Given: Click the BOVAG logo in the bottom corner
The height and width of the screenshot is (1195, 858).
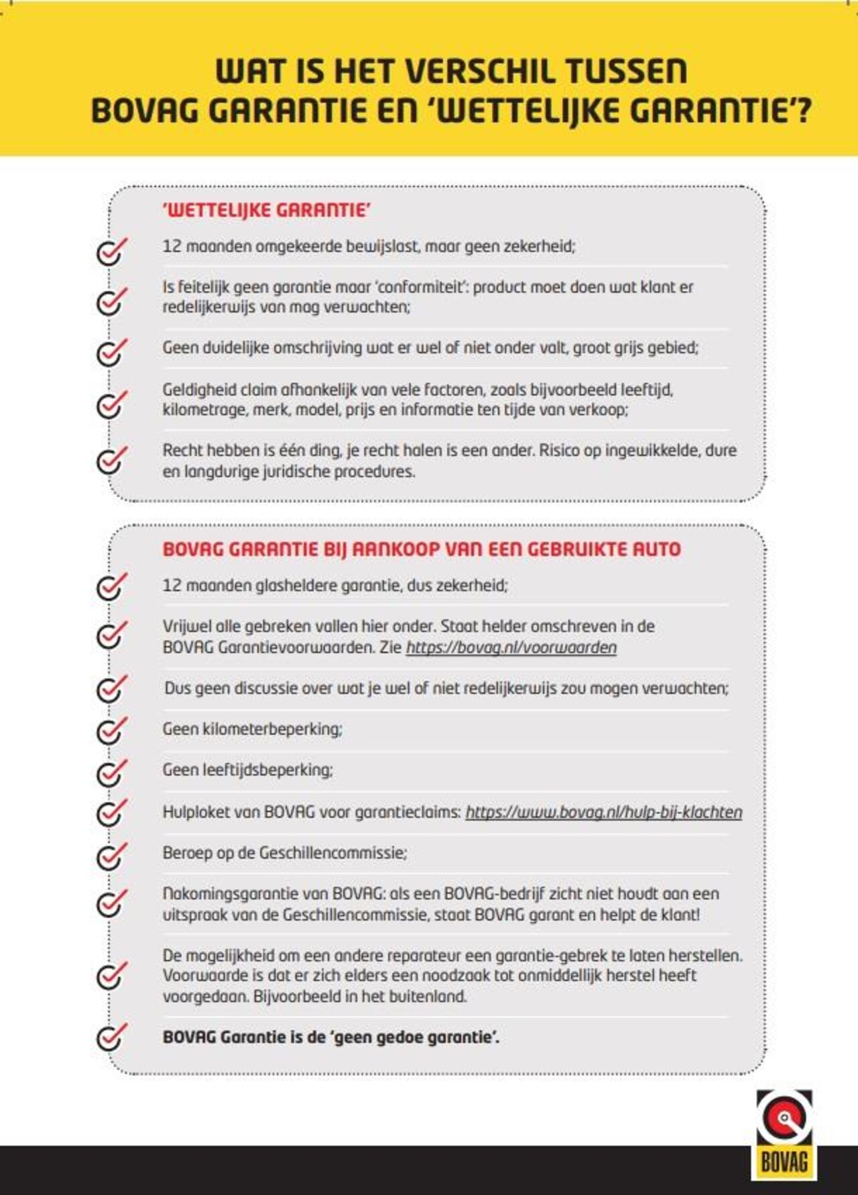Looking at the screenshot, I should click(784, 1133).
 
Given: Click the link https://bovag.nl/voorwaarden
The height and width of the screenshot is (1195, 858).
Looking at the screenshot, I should click(511, 648).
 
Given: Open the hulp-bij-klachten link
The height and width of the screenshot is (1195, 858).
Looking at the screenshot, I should click(603, 812).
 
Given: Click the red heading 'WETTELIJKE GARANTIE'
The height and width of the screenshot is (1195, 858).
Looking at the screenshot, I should click(266, 211).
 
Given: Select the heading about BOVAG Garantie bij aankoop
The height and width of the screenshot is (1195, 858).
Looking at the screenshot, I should click(421, 549).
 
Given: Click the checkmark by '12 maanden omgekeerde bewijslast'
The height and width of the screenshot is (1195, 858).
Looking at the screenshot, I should click(111, 251).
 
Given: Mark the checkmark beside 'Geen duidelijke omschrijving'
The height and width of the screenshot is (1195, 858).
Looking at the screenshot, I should click(111, 351).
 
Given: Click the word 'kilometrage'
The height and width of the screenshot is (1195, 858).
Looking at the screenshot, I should click(204, 410).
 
